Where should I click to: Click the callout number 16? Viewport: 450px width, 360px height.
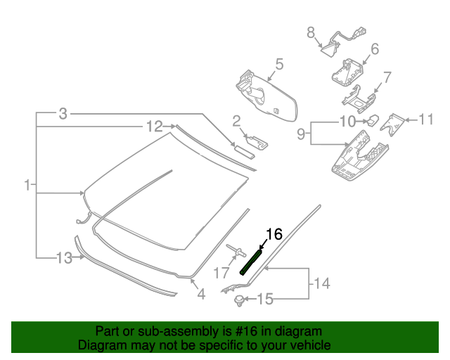point(274,235)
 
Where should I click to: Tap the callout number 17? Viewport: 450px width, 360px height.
point(221,273)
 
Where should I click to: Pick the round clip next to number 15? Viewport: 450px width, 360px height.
point(240,301)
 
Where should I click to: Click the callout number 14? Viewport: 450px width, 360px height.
point(321,284)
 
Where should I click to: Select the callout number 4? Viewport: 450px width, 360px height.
point(201,295)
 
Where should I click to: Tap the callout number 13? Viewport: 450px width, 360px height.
point(64,258)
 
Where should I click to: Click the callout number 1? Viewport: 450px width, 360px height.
point(27,186)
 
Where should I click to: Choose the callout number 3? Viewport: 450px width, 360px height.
point(63,113)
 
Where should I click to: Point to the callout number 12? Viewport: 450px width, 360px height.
point(154,127)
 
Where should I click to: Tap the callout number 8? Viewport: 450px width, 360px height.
point(310,32)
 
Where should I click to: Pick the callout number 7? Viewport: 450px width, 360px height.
point(387,77)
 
